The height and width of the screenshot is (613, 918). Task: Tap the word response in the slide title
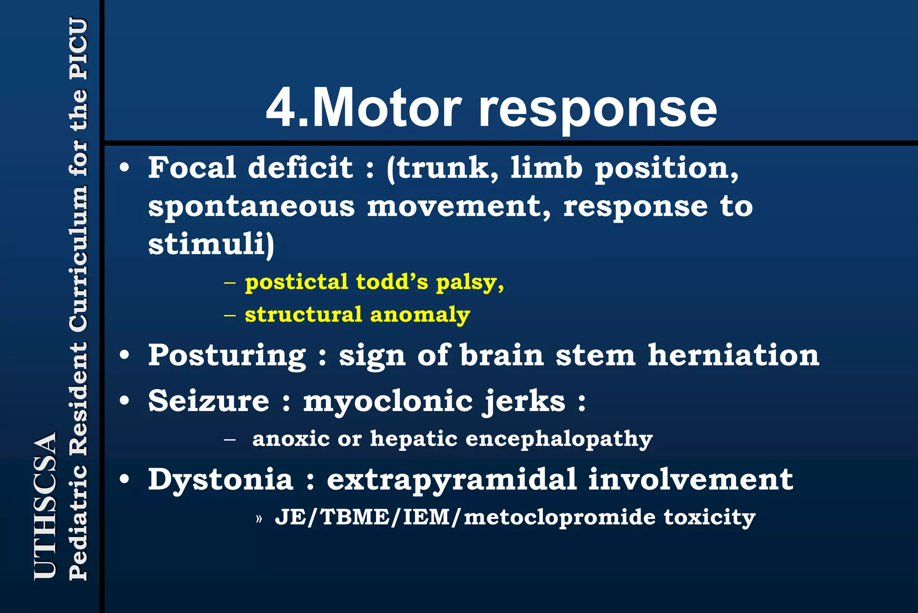598,110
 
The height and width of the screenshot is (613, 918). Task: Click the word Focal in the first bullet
192,167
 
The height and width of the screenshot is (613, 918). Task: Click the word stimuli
208,245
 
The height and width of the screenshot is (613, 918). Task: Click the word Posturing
227,356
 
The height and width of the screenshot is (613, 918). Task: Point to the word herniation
733,355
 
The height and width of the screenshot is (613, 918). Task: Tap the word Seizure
209,400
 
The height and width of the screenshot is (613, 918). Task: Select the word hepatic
414,438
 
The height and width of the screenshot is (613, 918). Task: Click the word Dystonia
221,479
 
